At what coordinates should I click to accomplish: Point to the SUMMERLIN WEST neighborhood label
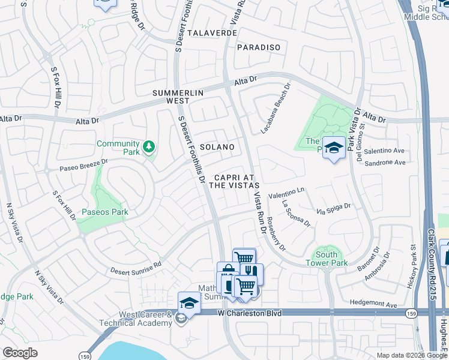[x=178, y=97]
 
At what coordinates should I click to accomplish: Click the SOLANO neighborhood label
[x=217, y=147]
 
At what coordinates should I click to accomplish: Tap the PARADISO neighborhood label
[x=259, y=47]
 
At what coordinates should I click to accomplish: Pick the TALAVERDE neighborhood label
[x=212, y=33]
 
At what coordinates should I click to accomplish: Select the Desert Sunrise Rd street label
[x=136, y=265]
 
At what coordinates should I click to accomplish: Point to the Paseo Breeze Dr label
[x=83, y=165]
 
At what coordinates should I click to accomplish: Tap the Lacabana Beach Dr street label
[x=276, y=108]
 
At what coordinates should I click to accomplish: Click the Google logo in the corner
[x=20, y=352]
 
